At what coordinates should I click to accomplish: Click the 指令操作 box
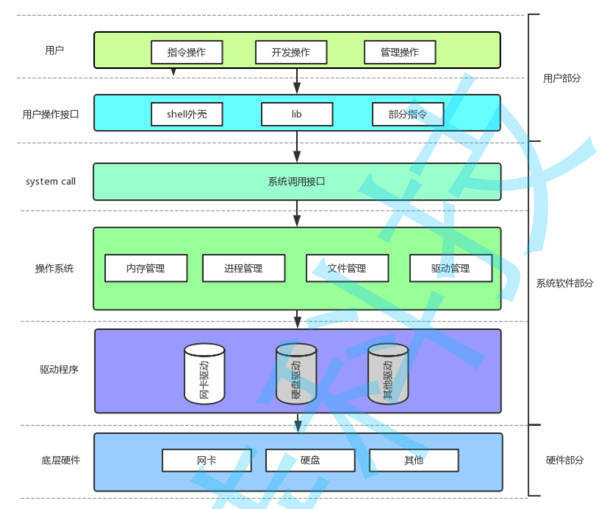187,52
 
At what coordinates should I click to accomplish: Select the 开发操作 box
291,52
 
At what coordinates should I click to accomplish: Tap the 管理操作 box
400,52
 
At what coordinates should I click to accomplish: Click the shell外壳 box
187,114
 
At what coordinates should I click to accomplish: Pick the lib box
297,114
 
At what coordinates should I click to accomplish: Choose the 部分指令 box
407,114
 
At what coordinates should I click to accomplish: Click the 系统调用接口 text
296,182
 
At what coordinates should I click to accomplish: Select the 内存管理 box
146,268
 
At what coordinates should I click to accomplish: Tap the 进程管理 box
243,268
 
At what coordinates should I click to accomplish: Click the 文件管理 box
347,268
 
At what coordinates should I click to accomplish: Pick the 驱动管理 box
451,268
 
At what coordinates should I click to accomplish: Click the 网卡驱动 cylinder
204,373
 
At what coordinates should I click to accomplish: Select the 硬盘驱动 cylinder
296,373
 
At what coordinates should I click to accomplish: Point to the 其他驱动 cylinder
388,373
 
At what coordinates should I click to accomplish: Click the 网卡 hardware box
206,460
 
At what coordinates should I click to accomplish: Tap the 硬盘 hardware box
310,460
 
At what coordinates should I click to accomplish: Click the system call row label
50,182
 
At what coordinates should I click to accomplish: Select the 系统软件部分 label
565,283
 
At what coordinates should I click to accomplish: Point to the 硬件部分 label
565,460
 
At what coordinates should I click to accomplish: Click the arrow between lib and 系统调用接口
297,148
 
